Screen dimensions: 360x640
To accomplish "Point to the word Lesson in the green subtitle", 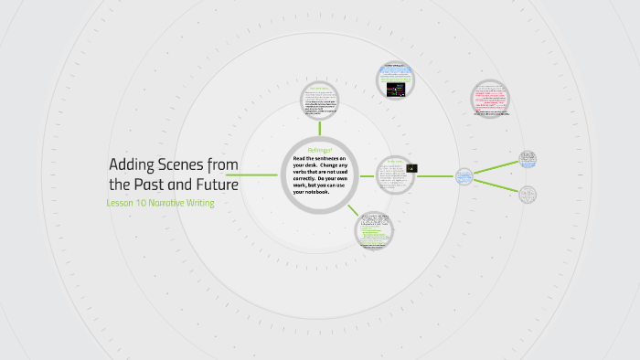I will tap(122, 203).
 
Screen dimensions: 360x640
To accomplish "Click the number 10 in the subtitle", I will tap(144, 203).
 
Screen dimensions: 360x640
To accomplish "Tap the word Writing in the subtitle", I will tap(202, 203).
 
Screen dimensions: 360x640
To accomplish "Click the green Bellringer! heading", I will tap(319, 149).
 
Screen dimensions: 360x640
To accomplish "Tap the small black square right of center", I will tap(412, 168).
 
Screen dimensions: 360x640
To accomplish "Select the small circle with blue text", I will tap(464, 175).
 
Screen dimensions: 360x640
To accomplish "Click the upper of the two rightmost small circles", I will tap(528, 159).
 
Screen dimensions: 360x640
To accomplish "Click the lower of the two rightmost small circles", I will tap(528, 194).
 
